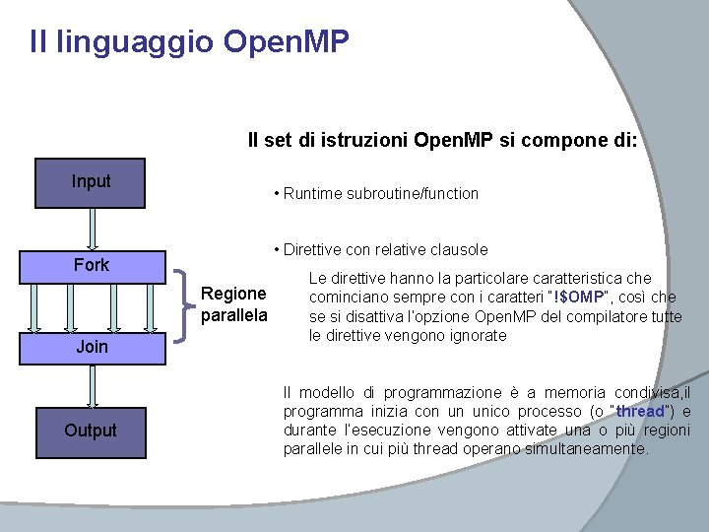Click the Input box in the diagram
91,182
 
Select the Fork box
91,265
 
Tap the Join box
91,347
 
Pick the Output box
91,431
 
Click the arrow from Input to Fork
91,227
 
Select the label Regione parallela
233,304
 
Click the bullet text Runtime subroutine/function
380,194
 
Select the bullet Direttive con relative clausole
385,249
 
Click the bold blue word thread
641,412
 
